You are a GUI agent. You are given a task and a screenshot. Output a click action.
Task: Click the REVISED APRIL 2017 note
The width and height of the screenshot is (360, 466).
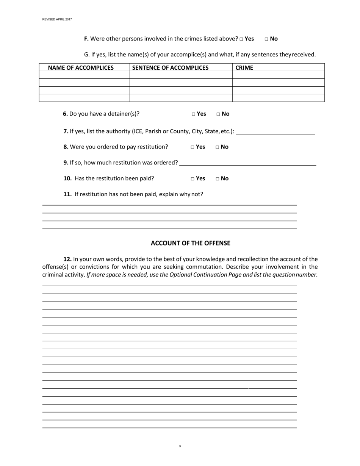[x=57, y=19]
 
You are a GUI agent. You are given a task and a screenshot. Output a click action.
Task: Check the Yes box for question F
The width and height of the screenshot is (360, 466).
[x=241, y=39]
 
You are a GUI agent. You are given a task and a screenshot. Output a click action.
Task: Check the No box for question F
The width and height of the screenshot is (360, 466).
[x=266, y=39]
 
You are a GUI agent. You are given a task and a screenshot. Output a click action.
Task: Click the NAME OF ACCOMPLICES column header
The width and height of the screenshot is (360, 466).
[x=81, y=68]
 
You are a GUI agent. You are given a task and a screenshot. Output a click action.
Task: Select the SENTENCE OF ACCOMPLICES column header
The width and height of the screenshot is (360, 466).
[x=170, y=68]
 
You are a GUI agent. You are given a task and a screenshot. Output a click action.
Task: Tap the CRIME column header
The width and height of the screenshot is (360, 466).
[x=244, y=68]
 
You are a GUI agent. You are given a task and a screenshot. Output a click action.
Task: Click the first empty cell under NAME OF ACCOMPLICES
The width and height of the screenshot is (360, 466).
[x=84, y=75]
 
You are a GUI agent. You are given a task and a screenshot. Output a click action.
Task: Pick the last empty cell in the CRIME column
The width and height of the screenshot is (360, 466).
[x=278, y=98]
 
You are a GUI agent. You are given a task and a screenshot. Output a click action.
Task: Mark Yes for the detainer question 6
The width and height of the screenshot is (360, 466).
[x=194, y=114]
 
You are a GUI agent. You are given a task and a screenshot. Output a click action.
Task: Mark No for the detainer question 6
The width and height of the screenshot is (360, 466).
[x=219, y=114]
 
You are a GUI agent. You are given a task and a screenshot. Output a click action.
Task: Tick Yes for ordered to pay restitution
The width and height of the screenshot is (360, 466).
[x=193, y=147]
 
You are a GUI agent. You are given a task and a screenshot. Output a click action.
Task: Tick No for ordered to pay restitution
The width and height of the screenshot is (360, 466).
[x=218, y=147]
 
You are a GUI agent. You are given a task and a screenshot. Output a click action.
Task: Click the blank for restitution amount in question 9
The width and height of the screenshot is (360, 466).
[x=247, y=163]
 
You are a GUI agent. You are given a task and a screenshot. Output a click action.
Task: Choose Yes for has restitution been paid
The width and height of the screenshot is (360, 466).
[x=193, y=179]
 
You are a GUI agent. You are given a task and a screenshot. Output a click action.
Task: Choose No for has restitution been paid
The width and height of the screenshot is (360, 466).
[x=218, y=179]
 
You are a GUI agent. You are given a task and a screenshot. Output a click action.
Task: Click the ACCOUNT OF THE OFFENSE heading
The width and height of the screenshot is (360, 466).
[x=190, y=243]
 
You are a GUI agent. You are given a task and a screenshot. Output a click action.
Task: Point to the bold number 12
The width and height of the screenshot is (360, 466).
[x=67, y=260]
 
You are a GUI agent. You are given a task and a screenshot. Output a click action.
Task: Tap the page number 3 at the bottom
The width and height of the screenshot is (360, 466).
[x=180, y=446]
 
